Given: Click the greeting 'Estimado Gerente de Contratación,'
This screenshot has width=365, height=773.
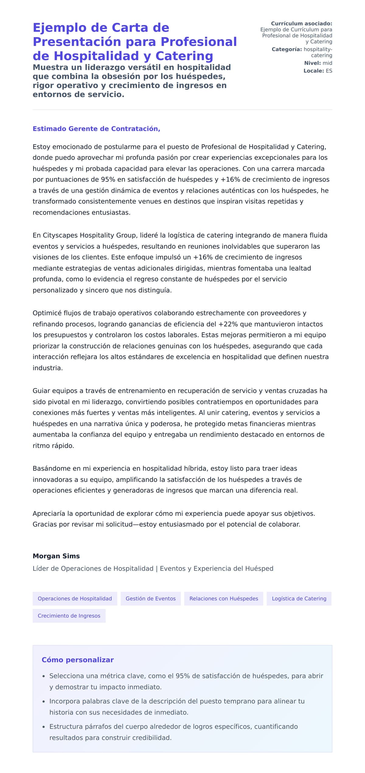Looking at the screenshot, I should coord(96,129).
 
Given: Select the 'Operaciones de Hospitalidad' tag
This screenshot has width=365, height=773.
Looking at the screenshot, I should coord(75,598).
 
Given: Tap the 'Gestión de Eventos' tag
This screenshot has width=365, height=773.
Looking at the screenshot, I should coord(151,598).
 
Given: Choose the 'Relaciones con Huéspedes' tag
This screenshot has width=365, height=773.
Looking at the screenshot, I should coord(224,598).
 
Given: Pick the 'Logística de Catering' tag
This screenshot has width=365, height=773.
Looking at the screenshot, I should coord(299,598).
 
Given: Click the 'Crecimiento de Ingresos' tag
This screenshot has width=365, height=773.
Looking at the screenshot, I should coord(69,616).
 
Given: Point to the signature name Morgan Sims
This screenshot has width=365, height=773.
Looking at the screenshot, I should coord(56,556).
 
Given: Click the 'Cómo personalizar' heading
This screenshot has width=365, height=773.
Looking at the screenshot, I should coord(78,660).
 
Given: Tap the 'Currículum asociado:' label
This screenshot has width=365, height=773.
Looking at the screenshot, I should coord(301,23).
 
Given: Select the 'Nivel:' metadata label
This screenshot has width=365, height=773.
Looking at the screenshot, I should coord(312,63).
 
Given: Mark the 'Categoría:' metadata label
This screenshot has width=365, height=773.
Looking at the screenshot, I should coord(287,49).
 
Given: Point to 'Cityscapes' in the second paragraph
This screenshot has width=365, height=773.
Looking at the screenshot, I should coord(60,235).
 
